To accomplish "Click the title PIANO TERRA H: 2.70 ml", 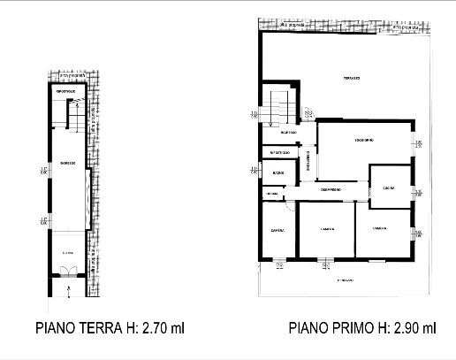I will coord(110,329).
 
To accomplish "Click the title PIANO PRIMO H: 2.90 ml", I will coord(362,329).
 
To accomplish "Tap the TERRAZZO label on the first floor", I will coord(353,80).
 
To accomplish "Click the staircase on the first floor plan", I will coord(281,108).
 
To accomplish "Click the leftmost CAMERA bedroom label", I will coord(277,231).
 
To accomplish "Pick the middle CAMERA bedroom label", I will coord(325,230).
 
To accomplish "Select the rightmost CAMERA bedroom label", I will coord(381,228).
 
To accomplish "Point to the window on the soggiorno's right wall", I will coord(414,145).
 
